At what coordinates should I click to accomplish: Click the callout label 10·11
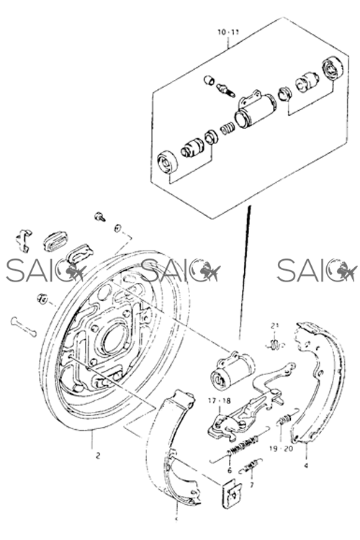click(228, 32)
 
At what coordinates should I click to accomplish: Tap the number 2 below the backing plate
click(98, 456)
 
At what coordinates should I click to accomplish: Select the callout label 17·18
click(219, 401)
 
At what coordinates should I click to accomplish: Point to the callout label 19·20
click(281, 449)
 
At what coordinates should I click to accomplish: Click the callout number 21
click(274, 325)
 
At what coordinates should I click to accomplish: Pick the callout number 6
click(230, 471)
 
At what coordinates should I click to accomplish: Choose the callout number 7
click(252, 485)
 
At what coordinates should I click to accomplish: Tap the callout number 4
click(306, 466)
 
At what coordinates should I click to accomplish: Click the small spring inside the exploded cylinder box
click(228, 128)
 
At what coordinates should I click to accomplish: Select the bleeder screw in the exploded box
click(226, 90)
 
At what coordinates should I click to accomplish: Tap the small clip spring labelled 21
click(275, 344)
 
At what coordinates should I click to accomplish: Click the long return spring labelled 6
click(240, 445)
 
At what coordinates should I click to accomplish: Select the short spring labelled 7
click(251, 466)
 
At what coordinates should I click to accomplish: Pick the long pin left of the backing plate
click(24, 327)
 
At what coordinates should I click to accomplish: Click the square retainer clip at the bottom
click(232, 492)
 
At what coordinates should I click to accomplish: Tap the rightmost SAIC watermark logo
click(316, 270)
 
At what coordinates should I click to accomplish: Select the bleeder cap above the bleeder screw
click(209, 80)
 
